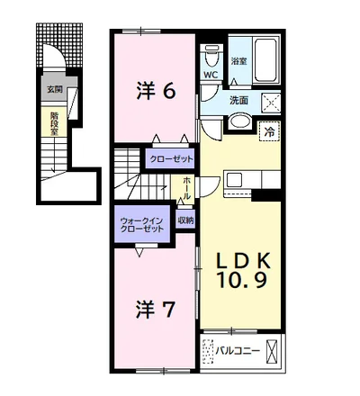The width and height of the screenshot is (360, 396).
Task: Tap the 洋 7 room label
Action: click(155, 310)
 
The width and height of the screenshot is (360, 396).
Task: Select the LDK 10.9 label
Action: click(242, 270)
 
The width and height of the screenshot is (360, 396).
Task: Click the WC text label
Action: click(211, 75)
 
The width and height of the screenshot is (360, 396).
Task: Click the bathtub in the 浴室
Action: click(265, 59)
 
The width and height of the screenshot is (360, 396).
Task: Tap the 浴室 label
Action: click(238, 61)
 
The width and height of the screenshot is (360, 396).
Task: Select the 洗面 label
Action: click(238, 101)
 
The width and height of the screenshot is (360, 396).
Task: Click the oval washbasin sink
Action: click(239, 121)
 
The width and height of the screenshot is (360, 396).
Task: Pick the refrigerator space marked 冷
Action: click(269, 131)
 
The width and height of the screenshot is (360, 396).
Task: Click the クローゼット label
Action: click(171, 159)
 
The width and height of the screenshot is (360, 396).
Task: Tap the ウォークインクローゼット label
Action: click(141, 225)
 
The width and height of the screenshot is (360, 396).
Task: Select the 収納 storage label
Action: click(185, 220)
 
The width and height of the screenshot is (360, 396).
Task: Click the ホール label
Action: click(186, 188)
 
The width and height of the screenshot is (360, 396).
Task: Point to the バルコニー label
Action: click(238, 350)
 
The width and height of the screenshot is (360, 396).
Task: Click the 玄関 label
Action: click(55, 89)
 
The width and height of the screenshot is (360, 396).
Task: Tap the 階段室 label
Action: click(54, 123)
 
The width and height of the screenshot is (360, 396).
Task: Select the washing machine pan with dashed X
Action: click(271, 103)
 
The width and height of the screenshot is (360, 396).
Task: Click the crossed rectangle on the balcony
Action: click(271, 351)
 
